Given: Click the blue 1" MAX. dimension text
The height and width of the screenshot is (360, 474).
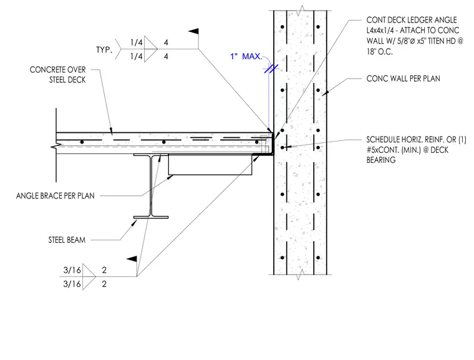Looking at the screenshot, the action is click(x=246, y=56).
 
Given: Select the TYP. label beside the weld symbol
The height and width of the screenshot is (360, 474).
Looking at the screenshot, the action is click(x=104, y=50).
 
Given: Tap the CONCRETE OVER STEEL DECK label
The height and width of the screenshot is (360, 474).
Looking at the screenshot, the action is click(x=58, y=75).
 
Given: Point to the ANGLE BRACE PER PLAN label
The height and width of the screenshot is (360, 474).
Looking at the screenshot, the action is click(x=56, y=196).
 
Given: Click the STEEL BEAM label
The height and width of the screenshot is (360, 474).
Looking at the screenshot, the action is click(x=67, y=240).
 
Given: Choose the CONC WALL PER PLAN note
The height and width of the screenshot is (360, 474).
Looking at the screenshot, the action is click(x=404, y=79).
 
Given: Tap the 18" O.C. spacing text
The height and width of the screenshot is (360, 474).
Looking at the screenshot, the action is click(x=380, y=51).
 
